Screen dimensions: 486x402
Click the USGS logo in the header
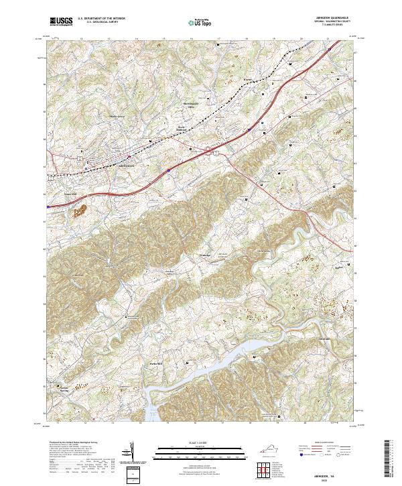[62, 21]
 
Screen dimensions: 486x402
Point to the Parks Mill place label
[155, 364]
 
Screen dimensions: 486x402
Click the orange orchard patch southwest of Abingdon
[80, 212]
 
